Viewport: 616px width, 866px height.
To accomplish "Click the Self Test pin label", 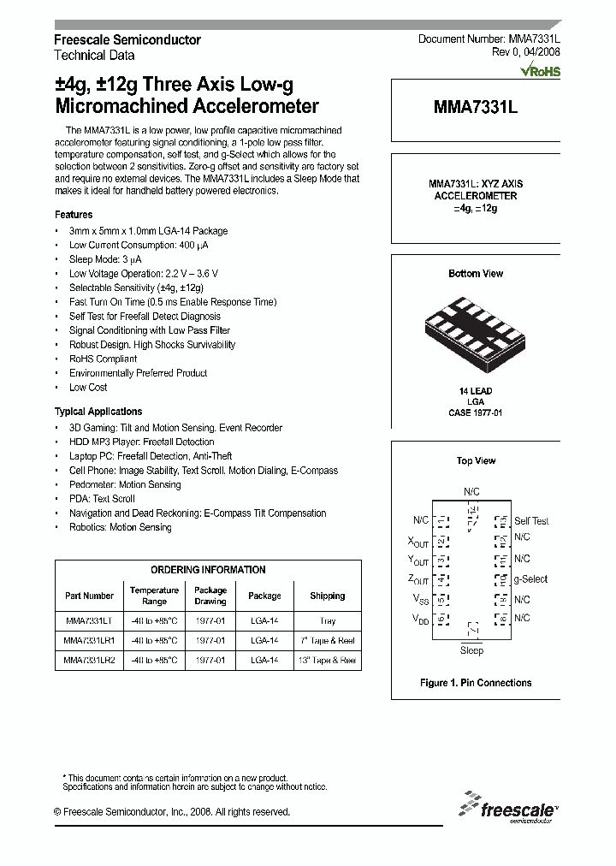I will [531, 521].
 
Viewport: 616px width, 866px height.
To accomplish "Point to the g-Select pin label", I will [530, 579].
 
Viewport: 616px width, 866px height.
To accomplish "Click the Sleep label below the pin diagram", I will [471, 651].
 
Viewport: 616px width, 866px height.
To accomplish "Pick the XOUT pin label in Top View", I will [418, 541].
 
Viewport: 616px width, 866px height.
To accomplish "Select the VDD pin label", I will [420, 618].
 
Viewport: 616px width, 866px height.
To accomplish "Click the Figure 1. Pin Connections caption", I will [476, 683].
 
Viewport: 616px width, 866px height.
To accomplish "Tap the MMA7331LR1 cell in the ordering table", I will [89, 641].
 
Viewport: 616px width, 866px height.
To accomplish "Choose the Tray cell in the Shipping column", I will [328, 621].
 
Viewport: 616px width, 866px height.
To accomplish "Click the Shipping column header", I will [328, 596].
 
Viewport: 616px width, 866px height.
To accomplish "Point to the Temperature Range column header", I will [154, 596].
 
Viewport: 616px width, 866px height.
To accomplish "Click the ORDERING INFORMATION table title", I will [208, 570].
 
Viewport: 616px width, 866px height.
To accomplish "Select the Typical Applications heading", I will [98, 412].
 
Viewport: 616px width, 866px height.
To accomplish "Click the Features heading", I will [74, 215].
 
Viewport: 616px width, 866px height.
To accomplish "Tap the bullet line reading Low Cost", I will [88, 388].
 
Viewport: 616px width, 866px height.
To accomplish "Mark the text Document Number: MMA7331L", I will [489, 40].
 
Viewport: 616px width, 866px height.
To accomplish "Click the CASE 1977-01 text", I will [476, 412].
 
